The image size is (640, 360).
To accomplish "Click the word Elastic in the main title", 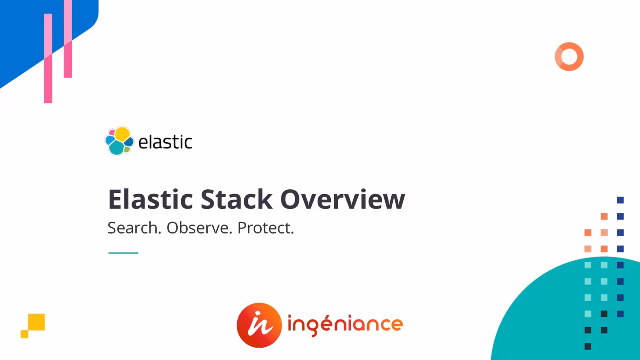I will click(x=151, y=199).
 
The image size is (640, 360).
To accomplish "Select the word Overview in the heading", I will click(x=342, y=199).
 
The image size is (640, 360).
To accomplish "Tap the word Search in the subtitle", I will click(x=134, y=228).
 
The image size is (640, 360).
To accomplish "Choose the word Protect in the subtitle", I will click(x=265, y=228).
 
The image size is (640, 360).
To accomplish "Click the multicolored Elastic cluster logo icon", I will click(x=119, y=141).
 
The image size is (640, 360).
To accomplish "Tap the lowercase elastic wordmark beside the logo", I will click(x=165, y=142).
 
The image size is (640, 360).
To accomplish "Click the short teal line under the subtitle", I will click(x=123, y=253).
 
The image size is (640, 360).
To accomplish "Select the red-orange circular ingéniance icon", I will click(x=259, y=325).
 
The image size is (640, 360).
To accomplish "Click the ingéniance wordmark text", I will click(x=345, y=324).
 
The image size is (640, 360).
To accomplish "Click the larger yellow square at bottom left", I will click(x=36, y=322).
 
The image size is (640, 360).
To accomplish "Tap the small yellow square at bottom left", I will click(x=24, y=334).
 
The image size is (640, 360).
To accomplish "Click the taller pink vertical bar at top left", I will click(x=48, y=58).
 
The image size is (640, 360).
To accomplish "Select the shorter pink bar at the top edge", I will click(x=68, y=38).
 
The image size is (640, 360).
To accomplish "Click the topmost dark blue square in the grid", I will click(x=620, y=200).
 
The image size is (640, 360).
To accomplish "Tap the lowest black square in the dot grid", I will click(x=588, y=346).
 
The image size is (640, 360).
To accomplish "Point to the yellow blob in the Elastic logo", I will click(x=122, y=134).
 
